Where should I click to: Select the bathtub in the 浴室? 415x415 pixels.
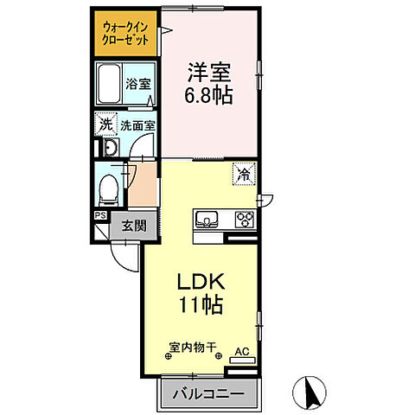click(108, 84)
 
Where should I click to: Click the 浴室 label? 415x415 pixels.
click(139, 84)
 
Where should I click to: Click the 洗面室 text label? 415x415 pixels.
click(137, 125)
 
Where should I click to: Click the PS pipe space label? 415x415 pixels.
click(99, 216)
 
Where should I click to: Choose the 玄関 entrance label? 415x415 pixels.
click(133, 227)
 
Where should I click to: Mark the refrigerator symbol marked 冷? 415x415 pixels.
click(245, 174)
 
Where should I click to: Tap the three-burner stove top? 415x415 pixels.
click(245, 219)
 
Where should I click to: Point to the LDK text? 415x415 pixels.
click(201, 282)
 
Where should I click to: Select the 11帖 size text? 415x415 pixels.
click(201, 304)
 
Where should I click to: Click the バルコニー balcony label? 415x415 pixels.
click(207, 395)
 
